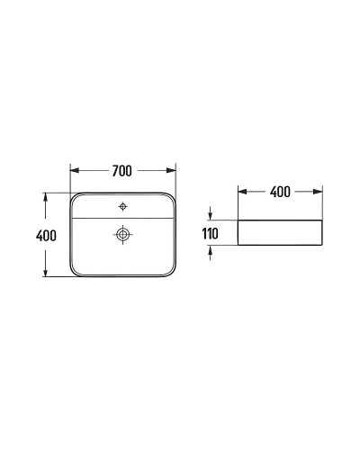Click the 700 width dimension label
point(122,170)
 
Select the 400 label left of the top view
point(48,236)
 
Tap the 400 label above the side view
point(280,192)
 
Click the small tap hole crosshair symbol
point(122,206)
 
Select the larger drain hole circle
point(122,235)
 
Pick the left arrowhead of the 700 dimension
point(74,170)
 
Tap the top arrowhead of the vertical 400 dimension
point(45,196)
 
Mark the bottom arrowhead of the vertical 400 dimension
point(45,274)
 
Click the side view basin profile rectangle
point(280,233)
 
